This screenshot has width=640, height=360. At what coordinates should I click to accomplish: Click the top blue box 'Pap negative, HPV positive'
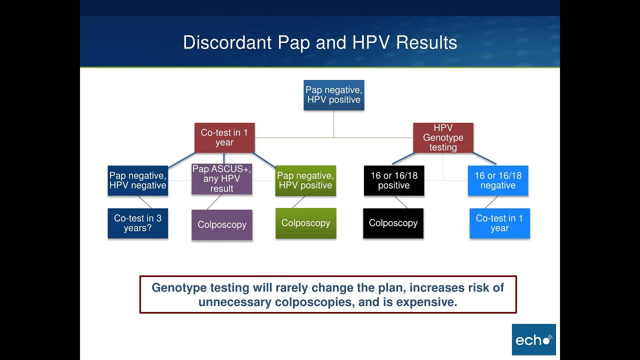tap(333, 95)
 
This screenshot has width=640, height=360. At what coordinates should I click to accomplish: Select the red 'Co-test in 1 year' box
tap(224, 137)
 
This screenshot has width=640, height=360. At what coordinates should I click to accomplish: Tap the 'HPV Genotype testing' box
tap(443, 137)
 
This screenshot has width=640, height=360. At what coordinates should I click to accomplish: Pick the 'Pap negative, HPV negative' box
tap(137, 180)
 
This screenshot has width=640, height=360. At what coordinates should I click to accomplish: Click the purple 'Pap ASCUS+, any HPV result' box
tap(221, 179)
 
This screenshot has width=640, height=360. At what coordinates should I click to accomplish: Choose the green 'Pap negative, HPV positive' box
tap(305, 180)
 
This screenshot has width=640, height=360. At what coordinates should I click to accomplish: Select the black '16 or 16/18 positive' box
tap(394, 180)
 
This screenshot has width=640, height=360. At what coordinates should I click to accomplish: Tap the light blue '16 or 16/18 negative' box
tap(498, 180)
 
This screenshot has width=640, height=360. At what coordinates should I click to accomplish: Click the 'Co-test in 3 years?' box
tap(137, 223)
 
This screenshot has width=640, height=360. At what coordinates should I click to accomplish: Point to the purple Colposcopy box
tap(222, 225)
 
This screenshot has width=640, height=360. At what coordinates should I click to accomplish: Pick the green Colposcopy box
tap(305, 223)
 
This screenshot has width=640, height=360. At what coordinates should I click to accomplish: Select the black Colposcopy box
tap(393, 223)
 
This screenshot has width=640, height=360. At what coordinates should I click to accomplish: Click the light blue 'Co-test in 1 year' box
tap(499, 223)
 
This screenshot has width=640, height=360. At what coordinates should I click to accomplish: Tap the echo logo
tap(533, 339)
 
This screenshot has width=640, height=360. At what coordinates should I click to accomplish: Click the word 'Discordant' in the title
tap(227, 42)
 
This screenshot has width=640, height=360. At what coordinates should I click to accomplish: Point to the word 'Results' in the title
tap(426, 42)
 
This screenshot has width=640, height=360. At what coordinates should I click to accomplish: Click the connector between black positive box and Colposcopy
tap(400, 202)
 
